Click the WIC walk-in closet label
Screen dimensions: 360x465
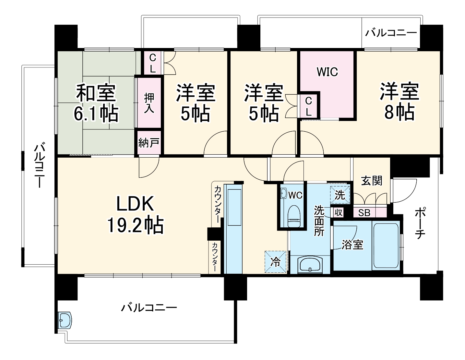(327, 72)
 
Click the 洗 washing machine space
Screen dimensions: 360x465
(340, 195)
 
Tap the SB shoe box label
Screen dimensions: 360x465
(364, 213)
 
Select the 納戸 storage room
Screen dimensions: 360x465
(149, 143)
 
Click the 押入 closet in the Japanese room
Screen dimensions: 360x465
(149, 103)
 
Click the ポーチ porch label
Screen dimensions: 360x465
(420, 224)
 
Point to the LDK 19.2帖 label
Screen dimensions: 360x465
(135, 215)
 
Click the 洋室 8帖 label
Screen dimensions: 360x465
(399, 102)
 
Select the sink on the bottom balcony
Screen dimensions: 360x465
(65, 320)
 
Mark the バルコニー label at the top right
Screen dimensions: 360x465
(391, 33)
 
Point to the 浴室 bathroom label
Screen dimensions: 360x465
(352, 245)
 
